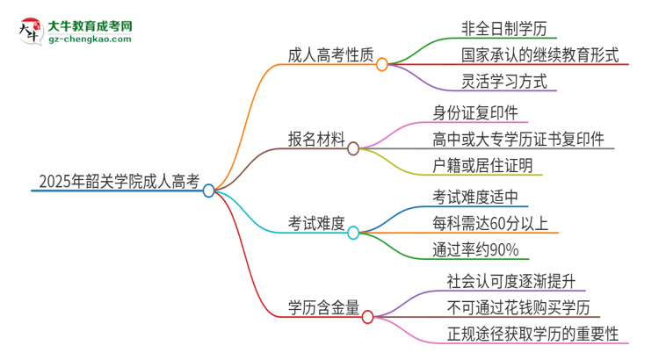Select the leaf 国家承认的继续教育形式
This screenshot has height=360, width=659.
point(540,55)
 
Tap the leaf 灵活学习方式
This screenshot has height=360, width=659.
point(503,83)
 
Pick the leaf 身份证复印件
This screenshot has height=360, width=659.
point(481,112)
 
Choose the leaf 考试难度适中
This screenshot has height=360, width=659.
point(481,196)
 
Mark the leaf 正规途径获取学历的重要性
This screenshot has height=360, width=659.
point(532,335)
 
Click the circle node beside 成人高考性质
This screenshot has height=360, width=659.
point(382,63)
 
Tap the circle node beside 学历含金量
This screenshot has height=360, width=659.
point(367,315)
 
